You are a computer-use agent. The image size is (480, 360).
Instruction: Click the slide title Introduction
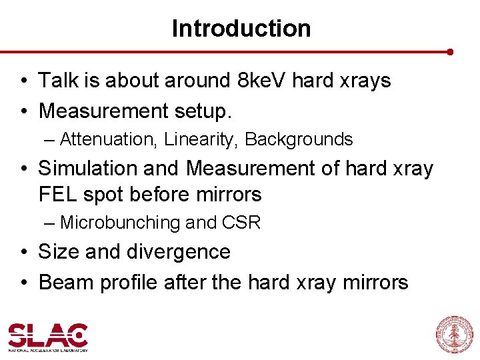pyautogui.click(x=241, y=29)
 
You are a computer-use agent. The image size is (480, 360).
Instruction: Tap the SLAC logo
pyautogui.click(x=48, y=337)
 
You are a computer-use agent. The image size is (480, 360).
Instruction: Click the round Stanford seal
pyautogui.click(x=453, y=334)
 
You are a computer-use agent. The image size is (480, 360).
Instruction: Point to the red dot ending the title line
pyautogui.click(x=451, y=51)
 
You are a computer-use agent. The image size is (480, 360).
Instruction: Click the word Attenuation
pyautogui.click(x=106, y=139)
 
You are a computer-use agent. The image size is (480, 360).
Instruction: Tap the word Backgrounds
pyautogui.click(x=299, y=139)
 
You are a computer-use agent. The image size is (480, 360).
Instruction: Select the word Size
pyautogui.click(x=56, y=252)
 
